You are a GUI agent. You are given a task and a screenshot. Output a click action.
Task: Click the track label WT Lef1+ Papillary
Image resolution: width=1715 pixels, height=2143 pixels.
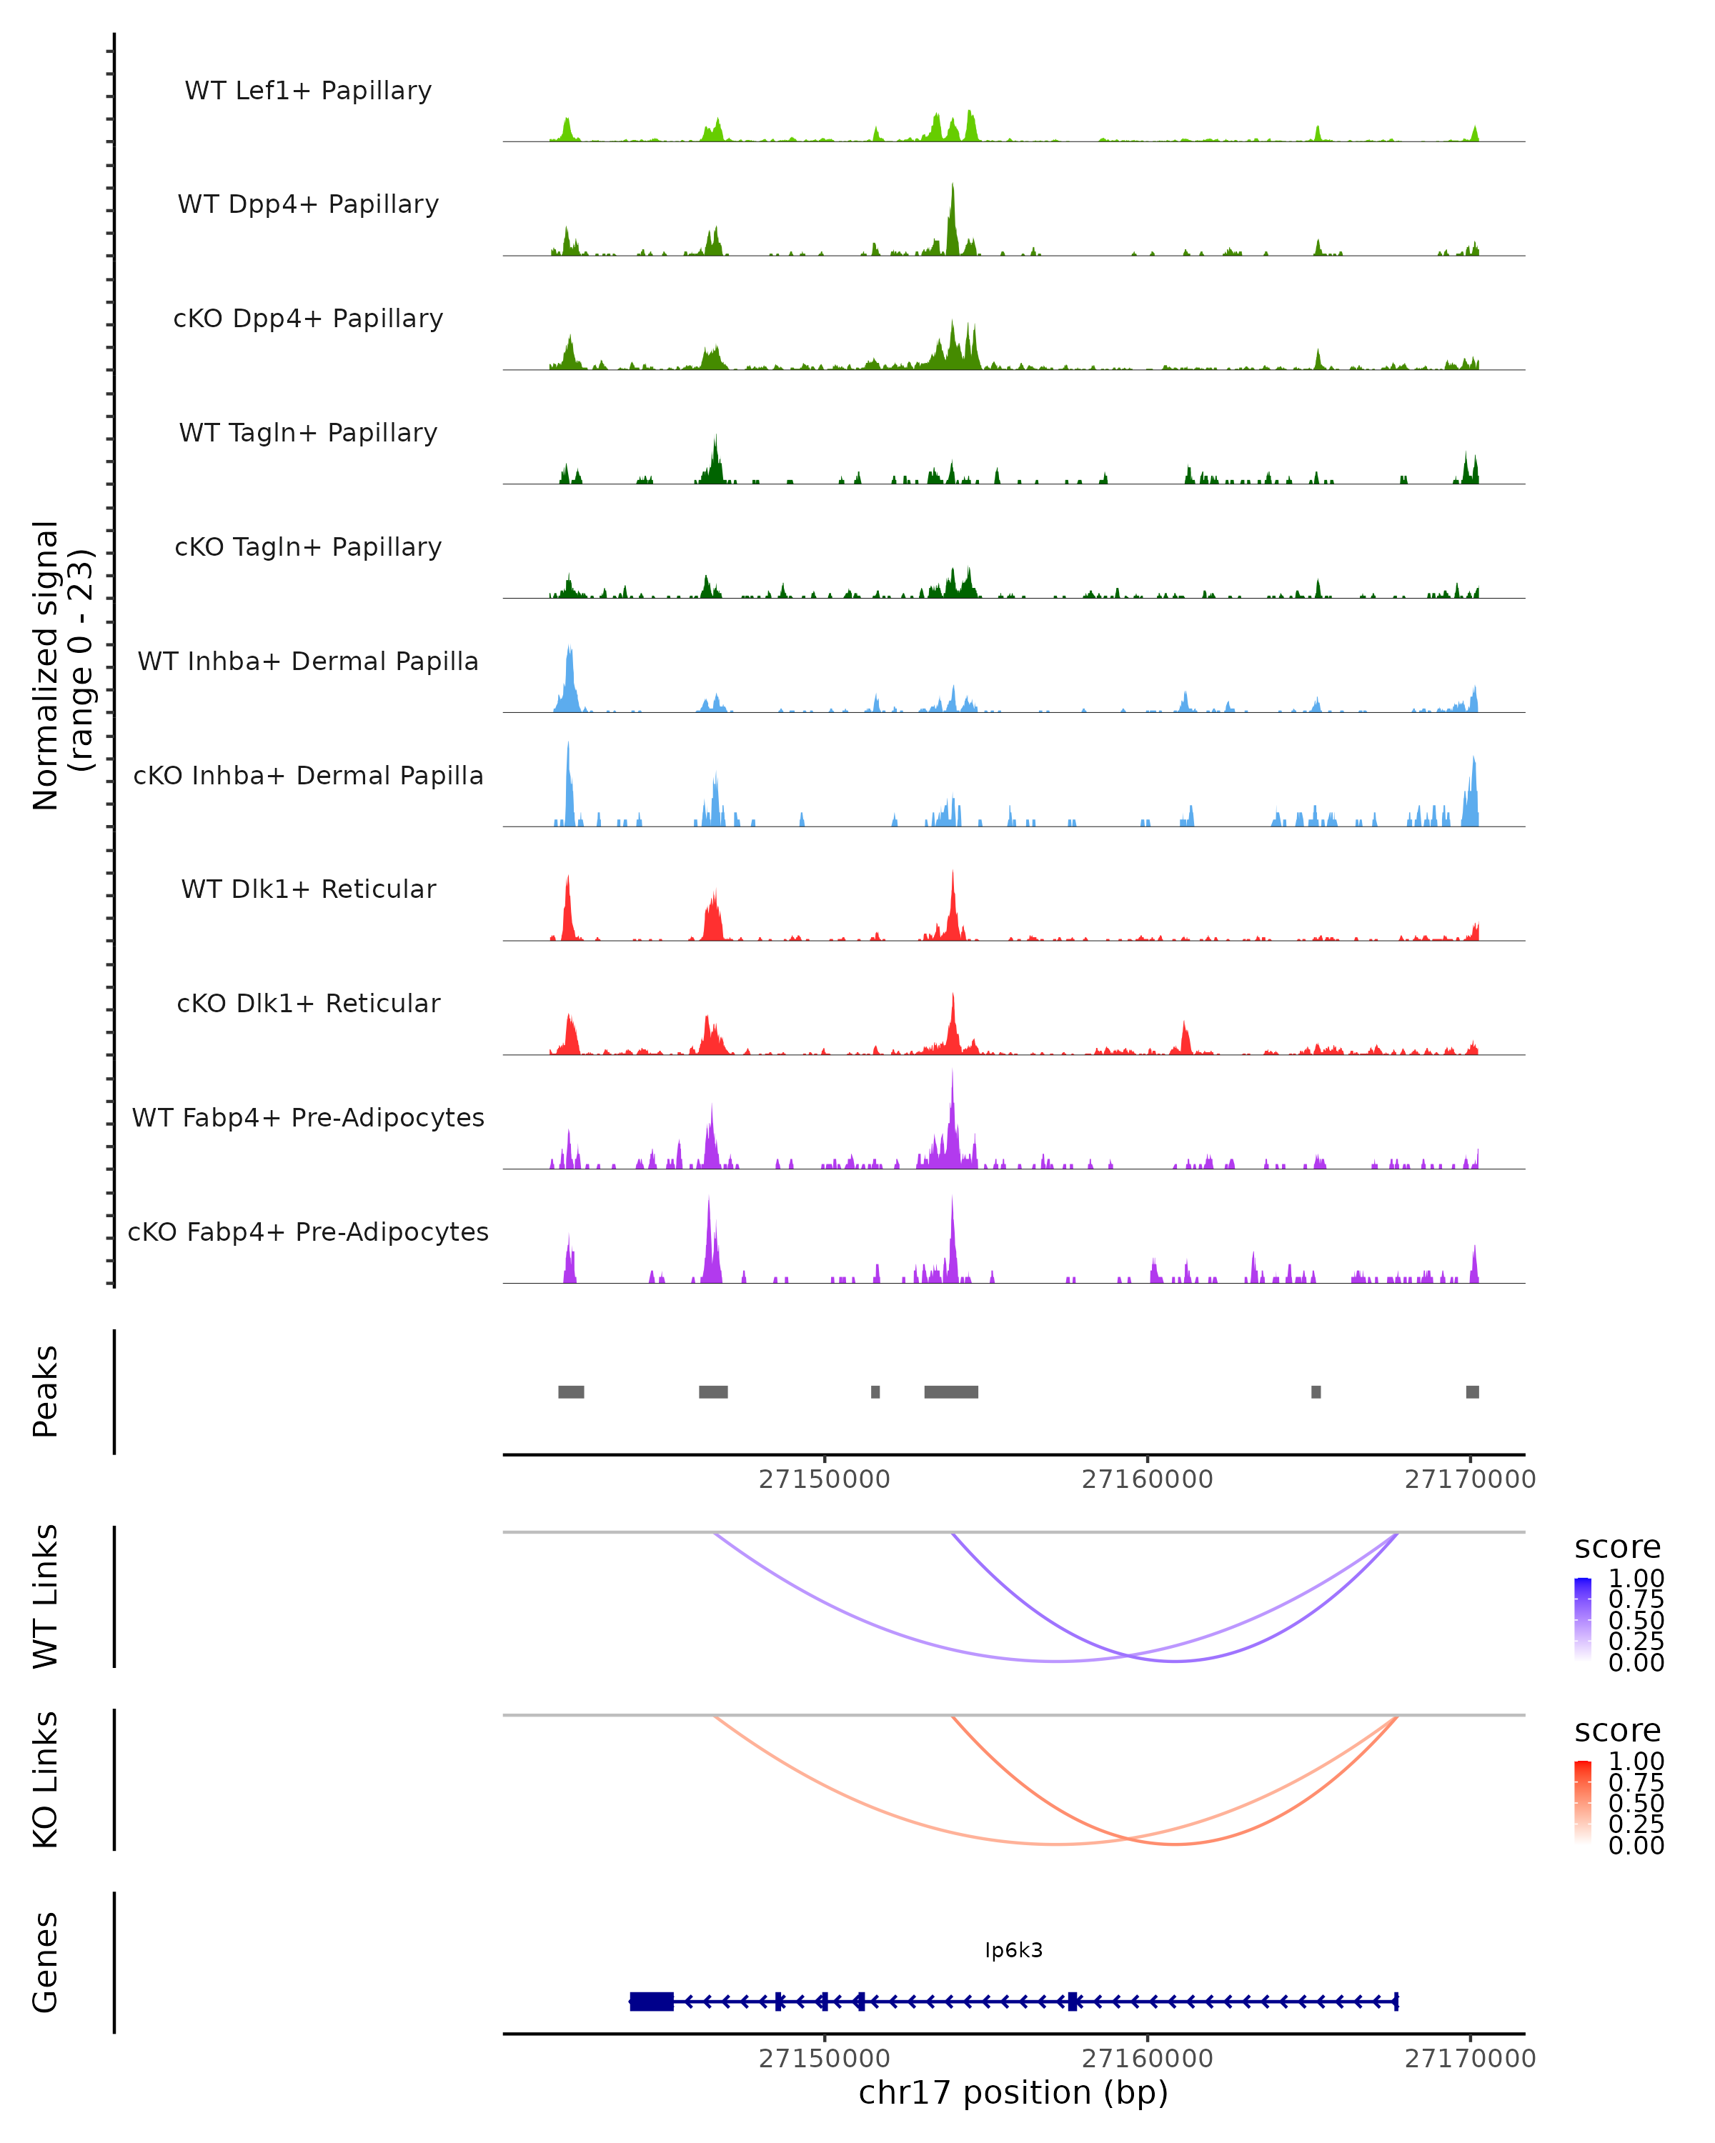pyautogui.click(x=308, y=91)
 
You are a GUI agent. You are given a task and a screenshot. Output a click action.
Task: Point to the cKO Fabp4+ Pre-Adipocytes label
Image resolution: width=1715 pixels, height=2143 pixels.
pyautogui.click(x=308, y=1232)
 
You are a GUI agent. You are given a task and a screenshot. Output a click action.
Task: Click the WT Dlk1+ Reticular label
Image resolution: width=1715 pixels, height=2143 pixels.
pyautogui.click(x=308, y=889)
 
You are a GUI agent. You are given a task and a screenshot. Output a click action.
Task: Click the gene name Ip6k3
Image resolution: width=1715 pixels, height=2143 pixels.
pyautogui.click(x=1013, y=1949)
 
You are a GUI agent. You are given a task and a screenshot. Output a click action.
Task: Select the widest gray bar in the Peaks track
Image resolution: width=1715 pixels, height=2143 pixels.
pyautogui.click(x=950, y=1392)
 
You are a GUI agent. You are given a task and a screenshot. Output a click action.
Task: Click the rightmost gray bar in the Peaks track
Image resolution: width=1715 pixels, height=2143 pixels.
pyautogui.click(x=1473, y=1392)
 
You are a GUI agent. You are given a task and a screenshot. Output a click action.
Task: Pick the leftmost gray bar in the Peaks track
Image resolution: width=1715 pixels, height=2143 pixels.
pyautogui.click(x=571, y=1392)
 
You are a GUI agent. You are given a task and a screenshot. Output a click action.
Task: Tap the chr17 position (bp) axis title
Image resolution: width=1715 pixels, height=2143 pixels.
pyautogui.click(x=1013, y=2092)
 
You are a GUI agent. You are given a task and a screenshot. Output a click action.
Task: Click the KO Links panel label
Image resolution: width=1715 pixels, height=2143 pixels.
pyautogui.click(x=46, y=1779)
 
